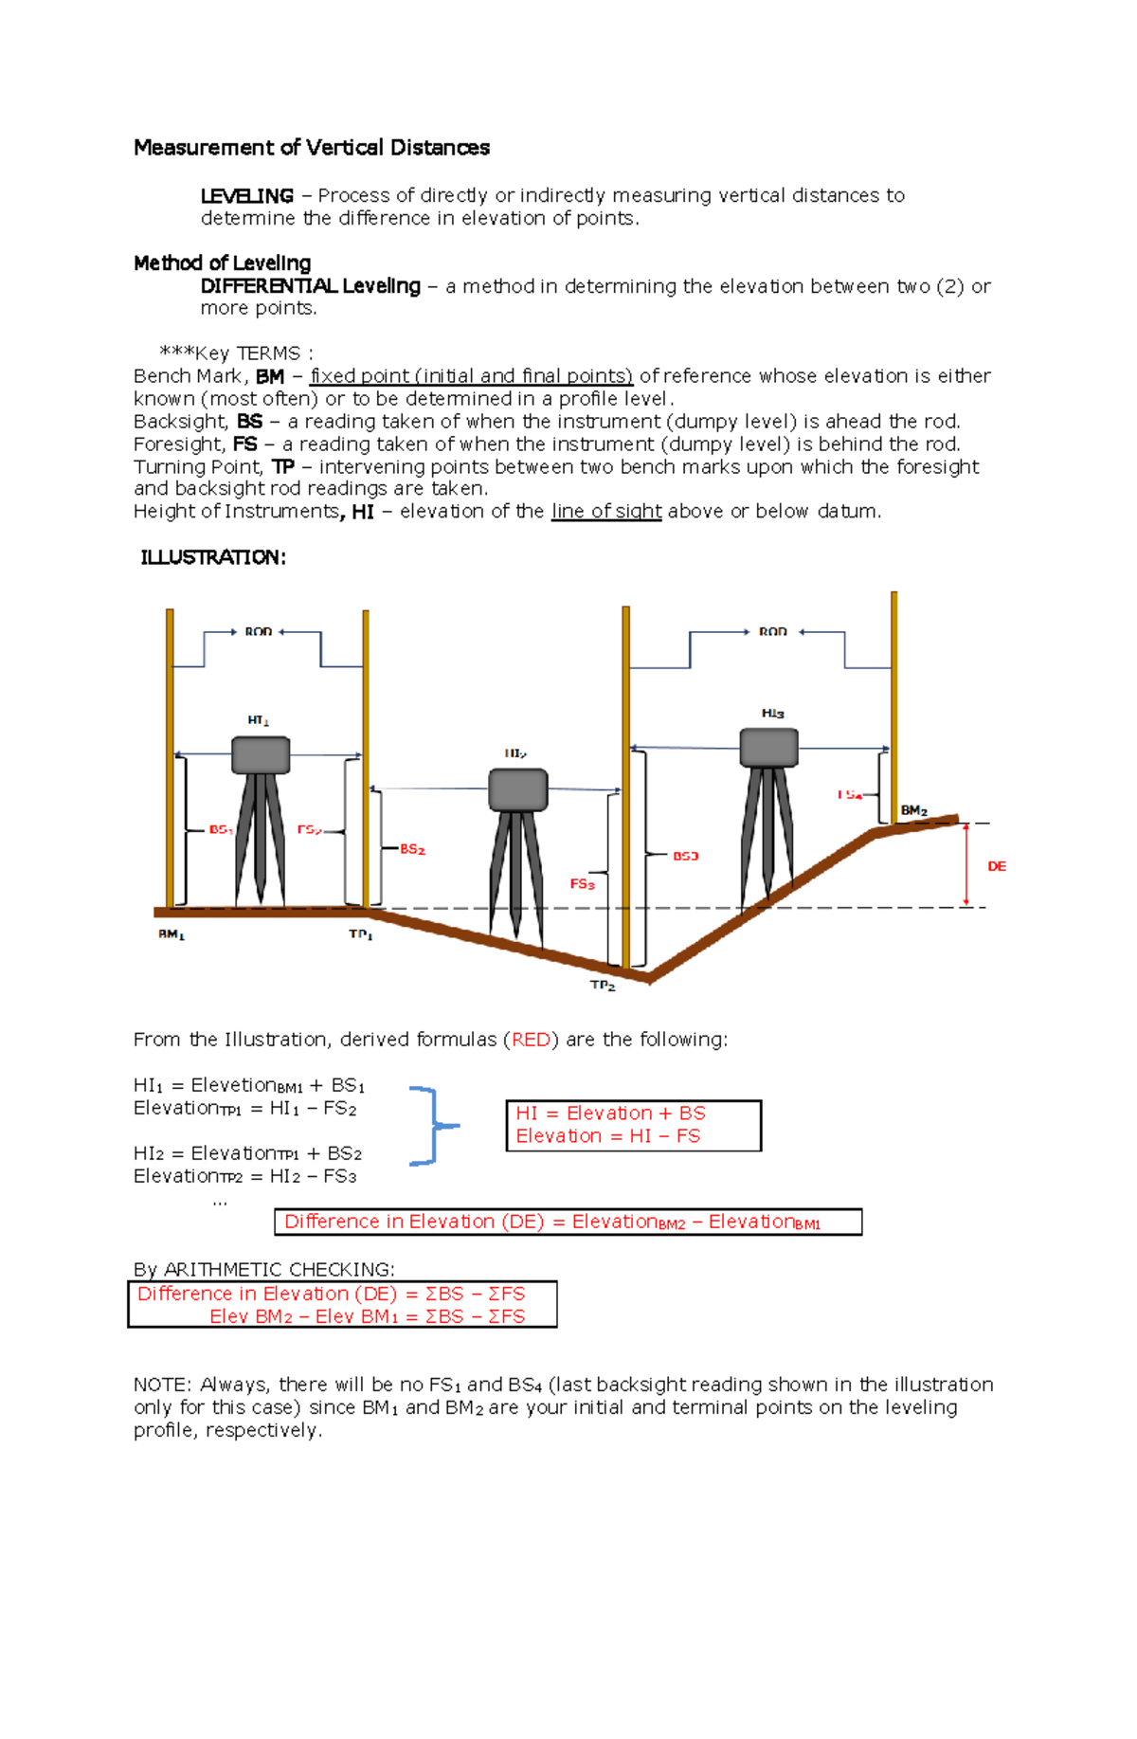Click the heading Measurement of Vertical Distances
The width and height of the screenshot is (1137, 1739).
coord(311,148)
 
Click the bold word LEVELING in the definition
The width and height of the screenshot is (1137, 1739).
coord(246,196)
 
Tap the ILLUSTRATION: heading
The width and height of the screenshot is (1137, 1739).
coord(212,557)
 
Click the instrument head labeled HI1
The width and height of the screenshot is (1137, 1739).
coord(261,755)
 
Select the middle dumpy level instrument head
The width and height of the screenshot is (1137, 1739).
coord(517,789)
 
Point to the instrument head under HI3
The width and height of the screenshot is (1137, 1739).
coord(768,748)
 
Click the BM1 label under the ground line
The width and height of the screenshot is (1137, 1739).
coord(171,934)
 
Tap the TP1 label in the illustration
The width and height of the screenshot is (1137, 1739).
coord(360,934)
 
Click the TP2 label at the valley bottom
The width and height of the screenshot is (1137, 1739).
coord(603,986)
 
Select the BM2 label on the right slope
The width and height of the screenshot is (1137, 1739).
coord(913,810)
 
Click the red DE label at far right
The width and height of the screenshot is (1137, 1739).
coord(997,866)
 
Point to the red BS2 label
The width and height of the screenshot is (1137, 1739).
coord(412,849)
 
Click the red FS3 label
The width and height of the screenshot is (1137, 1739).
coord(582,884)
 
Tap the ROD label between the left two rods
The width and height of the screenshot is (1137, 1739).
coord(258,632)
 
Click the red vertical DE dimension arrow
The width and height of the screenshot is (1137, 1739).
coord(966,864)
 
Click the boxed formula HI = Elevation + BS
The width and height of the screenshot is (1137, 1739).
coord(610,1114)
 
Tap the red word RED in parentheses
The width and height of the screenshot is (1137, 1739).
coord(531,1040)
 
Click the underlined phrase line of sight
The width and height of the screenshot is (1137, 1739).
coord(606,512)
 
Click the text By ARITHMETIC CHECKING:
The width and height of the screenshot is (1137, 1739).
coord(264,1269)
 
